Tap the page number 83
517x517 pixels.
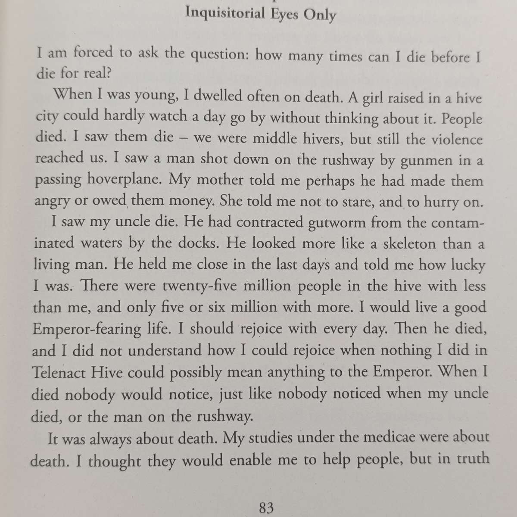tap(266, 508)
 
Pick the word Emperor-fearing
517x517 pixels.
tap(87, 329)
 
